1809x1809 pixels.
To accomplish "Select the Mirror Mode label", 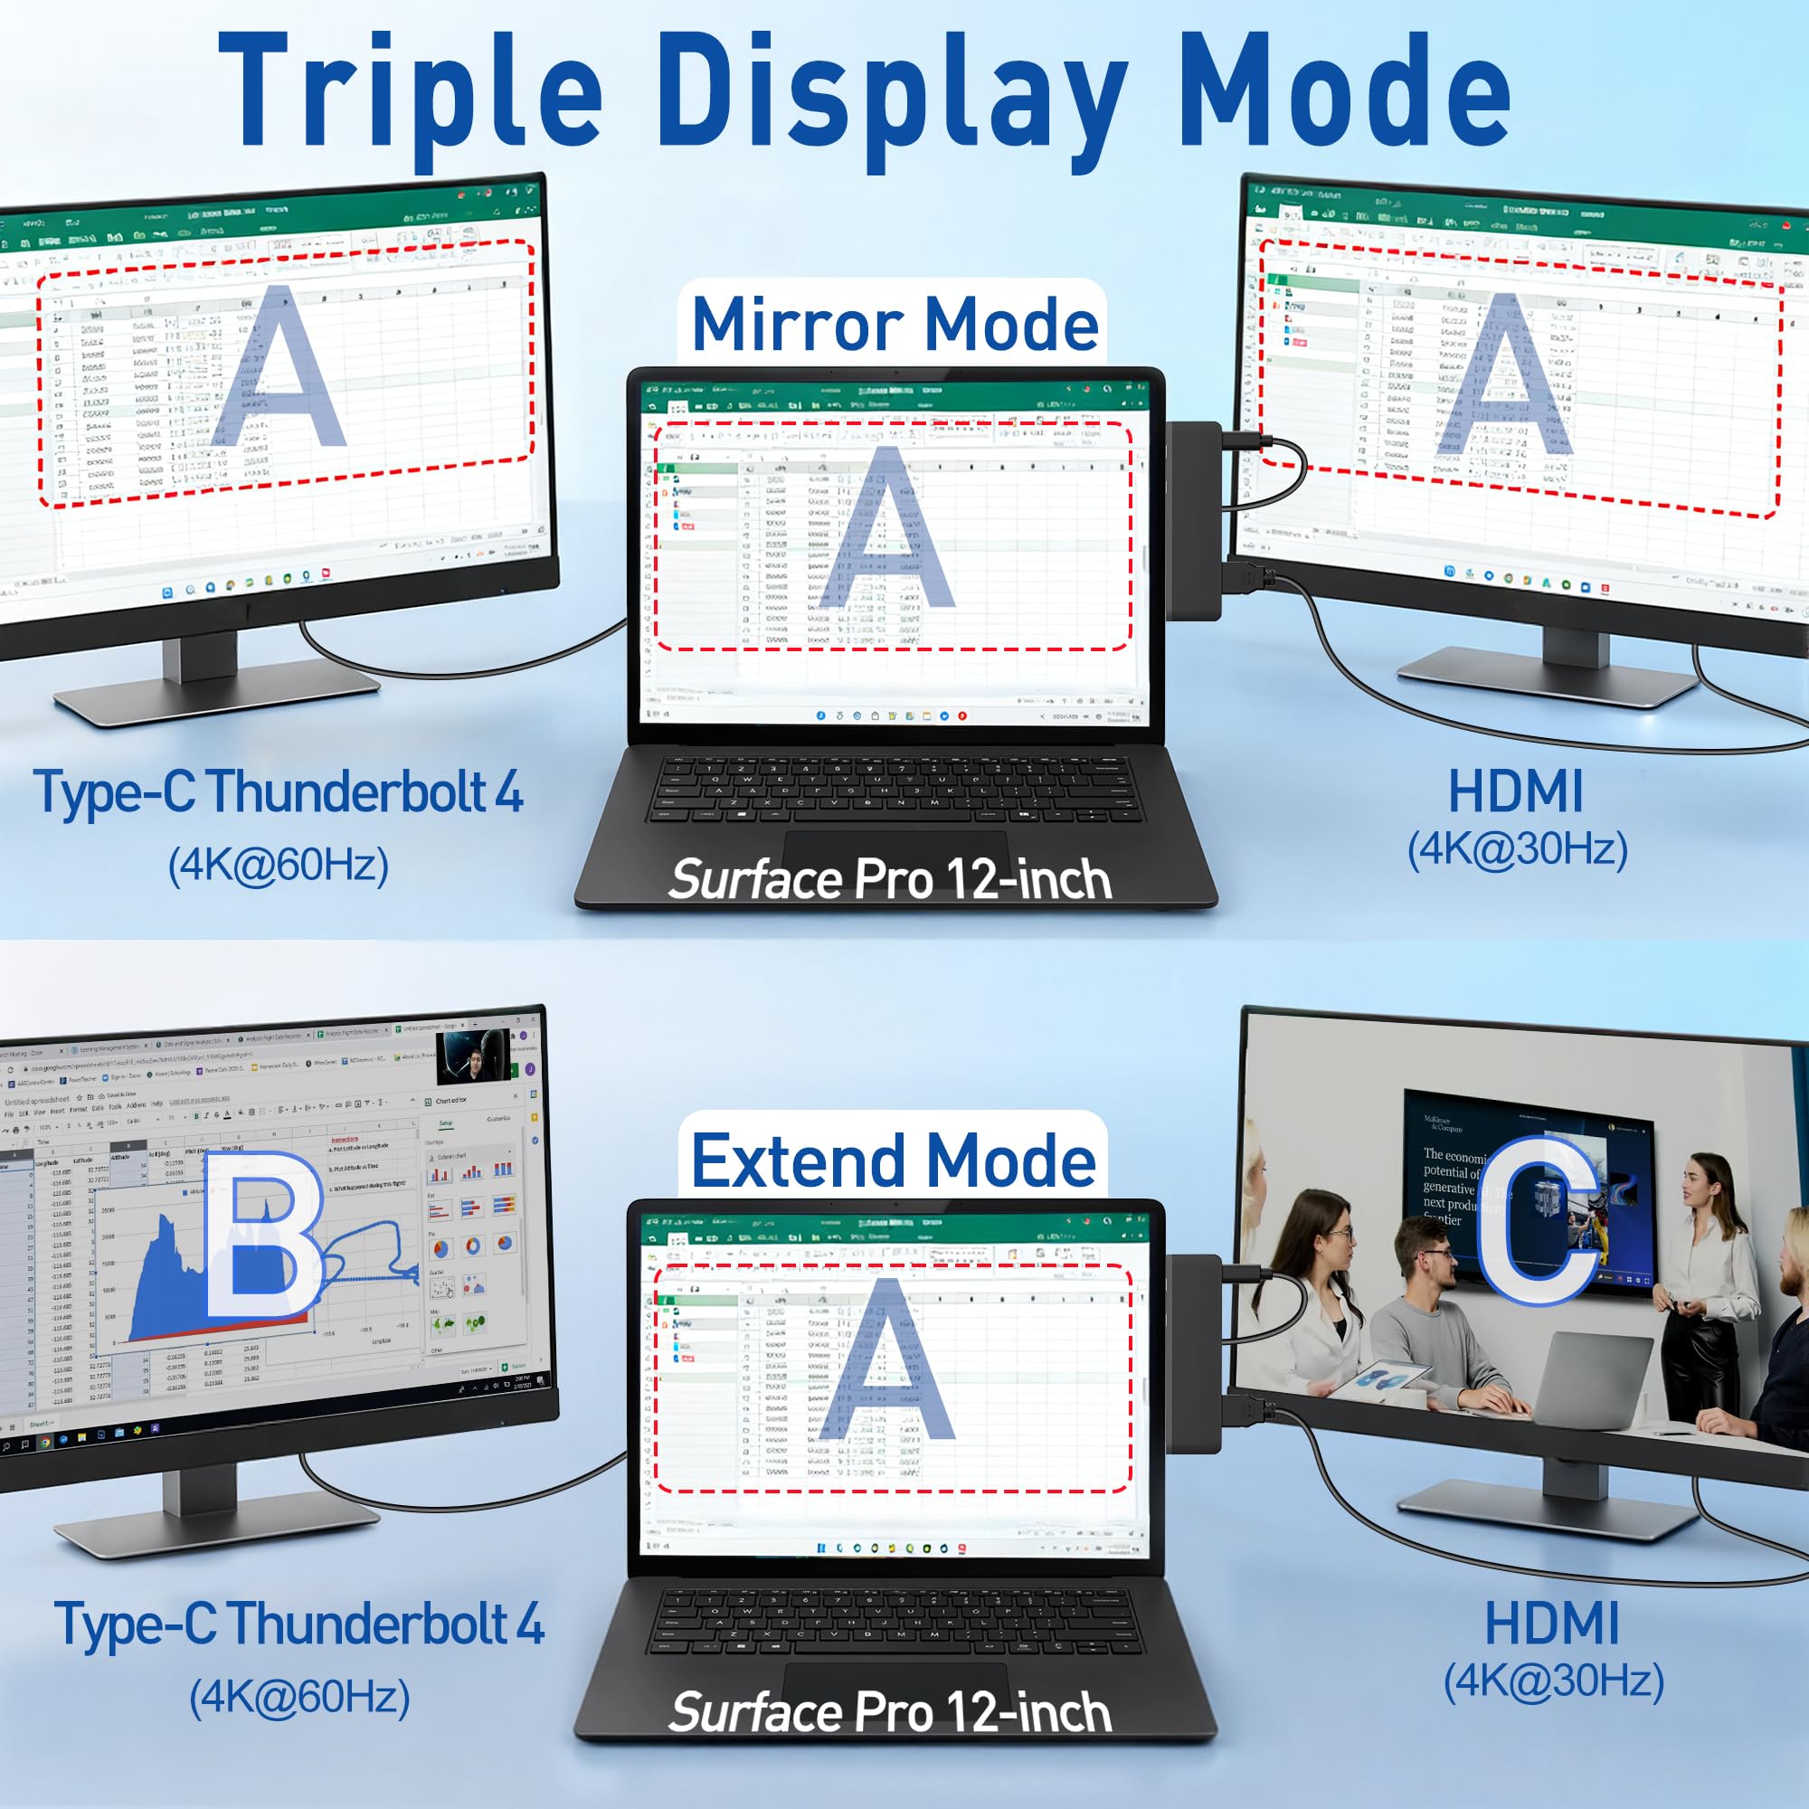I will (x=895, y=324).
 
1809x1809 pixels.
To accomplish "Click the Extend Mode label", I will (x=894, y=1161).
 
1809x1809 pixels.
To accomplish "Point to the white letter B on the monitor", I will (x=263, y=1235).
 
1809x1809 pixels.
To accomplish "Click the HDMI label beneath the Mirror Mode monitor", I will (x=1516, y=792).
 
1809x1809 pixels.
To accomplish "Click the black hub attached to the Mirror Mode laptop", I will (x=1194, y=520).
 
